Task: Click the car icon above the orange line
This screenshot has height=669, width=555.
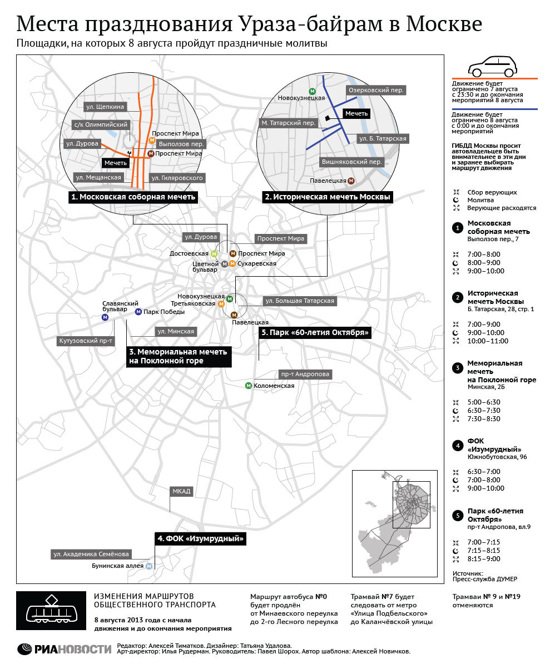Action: tap(493, 67)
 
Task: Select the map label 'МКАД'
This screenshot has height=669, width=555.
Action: tap(181, 491)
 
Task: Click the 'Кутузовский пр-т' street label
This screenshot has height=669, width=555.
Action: tap(86, 341)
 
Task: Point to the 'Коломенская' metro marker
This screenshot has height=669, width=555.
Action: tap(249, 386)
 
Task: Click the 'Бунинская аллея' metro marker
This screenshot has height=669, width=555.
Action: tap(149, 566)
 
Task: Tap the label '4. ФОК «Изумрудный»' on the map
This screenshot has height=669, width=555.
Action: tap(200, 538)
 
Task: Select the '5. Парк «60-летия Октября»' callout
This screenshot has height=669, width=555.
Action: tap(315, 332)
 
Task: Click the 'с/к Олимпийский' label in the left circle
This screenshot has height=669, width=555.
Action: tap(101, 124)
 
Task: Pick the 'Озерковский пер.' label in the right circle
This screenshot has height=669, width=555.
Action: tap(376, 90)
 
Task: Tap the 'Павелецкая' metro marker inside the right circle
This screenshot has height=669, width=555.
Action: tap(351, 181)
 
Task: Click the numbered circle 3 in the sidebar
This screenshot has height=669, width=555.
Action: tap(458, 368)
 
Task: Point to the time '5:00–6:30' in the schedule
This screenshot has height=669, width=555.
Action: tap(484, 402)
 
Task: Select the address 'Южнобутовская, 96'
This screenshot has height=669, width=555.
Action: tap(497, 457)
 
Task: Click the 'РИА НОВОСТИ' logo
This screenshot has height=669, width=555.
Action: tap(64, 649)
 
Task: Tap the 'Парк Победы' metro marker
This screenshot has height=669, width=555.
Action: tap(138, 312)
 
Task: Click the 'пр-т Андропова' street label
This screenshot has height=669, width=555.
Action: tap(305, 374)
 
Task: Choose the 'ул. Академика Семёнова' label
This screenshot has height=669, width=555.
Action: tap(91, 554)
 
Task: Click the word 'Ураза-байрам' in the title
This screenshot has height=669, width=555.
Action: tap(310, 24)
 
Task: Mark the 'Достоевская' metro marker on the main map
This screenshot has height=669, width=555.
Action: tap(214, 254)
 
